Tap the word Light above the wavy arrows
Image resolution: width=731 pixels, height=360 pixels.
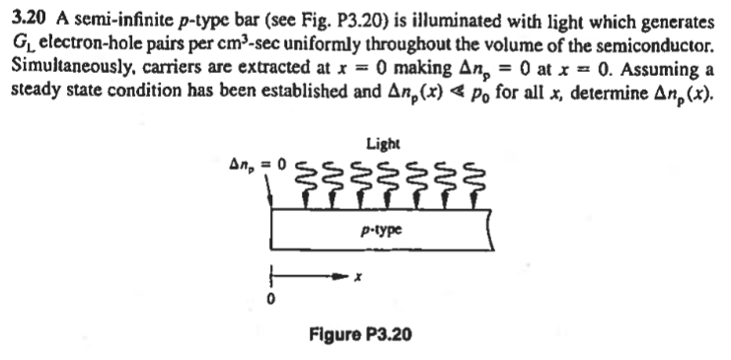pos(383,144)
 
